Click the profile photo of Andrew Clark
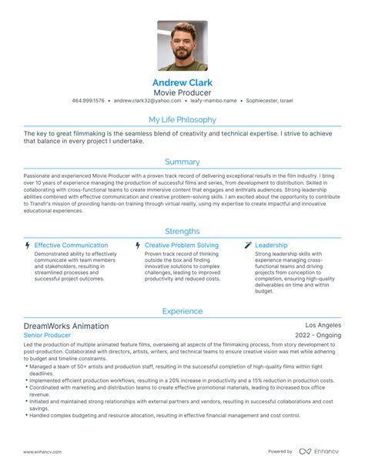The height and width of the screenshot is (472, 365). pyautogui.click(x=182, y=45)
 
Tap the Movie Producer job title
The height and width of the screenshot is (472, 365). pyautogui.click(x=182, y=91)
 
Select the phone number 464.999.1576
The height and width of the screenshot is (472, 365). pyautogui.click(x=89, y=101)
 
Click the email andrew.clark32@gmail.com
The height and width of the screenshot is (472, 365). pyautogui.click(x=146, y=101)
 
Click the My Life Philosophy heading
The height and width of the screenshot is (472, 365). pyautogui.click(x=182, y=120)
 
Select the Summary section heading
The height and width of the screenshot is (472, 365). pyautogui.click(x=182, y=162)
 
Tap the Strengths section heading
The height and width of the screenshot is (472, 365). pyautogui.click(x=182, y=231)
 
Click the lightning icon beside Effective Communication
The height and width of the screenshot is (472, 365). pyautogui.click(x=28, y=246)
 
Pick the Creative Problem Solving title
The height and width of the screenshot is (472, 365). pyautogui.click(x=181, y=246)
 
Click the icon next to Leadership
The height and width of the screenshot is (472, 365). pyautogui.click(x=247, y=246)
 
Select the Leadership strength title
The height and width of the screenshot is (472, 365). pyautogui.click(x=271, y=246)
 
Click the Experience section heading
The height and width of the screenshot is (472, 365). pyautogui.click(x=182, y=311)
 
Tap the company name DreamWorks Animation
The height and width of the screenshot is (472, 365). pyautogui.click(x=66, y=326)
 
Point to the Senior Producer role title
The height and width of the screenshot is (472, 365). pyautogui.click(x=47, y=336)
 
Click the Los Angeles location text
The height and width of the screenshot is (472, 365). pyautogui.click(x=322, y=326)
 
